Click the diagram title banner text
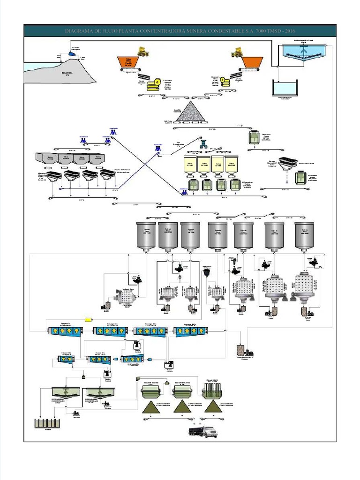point(180,31)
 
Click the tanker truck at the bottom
point(203,431)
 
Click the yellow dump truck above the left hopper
point(142,51)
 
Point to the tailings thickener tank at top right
point(303,55)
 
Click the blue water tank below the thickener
point(285,88)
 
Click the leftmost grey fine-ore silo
point(146,235)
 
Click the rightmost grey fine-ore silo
point(304,235)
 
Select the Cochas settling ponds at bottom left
point(47,423)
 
